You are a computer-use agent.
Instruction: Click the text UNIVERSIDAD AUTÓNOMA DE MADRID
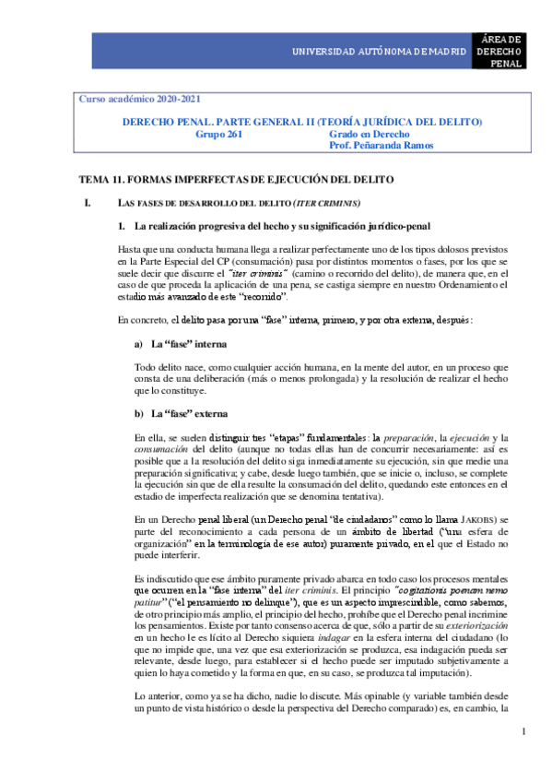pyautogui.click(x=380, y=51)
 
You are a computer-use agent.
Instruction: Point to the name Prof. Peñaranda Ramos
pyautogui.click(x=382, y=146)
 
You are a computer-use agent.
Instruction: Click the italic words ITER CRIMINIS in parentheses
pyautogui.click(x=326, y=203)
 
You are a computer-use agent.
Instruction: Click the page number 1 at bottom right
pyautogui.click(x=523, y=732)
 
